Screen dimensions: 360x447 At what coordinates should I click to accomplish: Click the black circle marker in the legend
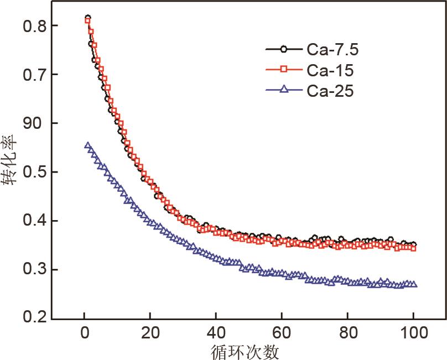click(x=284, y=50)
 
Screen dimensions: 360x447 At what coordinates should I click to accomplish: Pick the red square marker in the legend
click(x=284, y=70)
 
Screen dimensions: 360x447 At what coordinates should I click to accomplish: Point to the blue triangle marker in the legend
click(x=284, y=89)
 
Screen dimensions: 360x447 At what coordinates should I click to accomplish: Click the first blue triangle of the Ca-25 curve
click(x=87, y=145)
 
